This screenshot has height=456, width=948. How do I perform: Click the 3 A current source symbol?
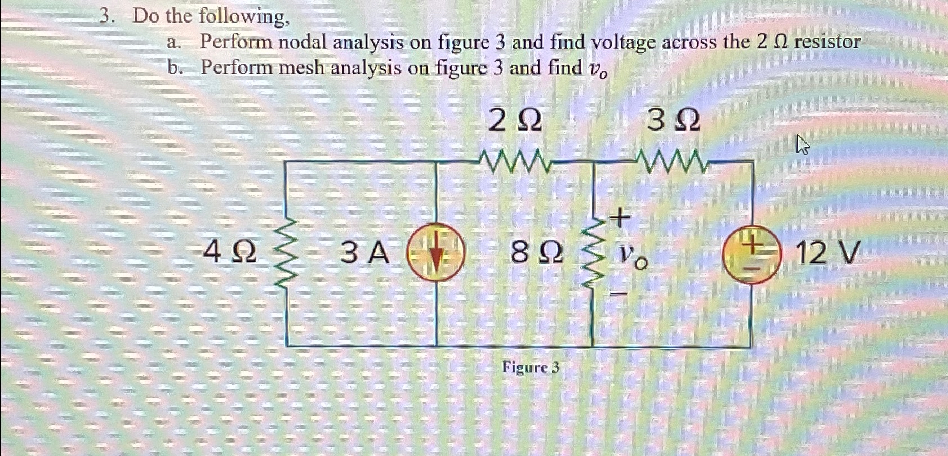point(436,252)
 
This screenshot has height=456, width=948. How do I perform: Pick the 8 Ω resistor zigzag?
point(593,253)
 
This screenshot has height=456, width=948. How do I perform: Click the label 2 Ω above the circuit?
point(515,120)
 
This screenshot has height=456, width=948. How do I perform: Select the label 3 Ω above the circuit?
point(673,120)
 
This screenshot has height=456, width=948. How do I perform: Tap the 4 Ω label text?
point(229,252)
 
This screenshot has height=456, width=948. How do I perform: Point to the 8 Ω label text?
point(536,252)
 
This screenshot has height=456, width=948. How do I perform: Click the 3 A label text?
point(364,252)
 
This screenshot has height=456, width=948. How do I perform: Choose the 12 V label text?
point(827,252)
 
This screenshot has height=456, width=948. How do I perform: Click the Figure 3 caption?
point(531,368)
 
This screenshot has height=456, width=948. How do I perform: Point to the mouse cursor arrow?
point(802,145)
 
